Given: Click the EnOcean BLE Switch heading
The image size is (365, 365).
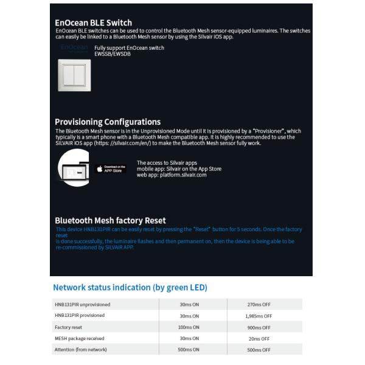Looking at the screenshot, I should pos(93,23).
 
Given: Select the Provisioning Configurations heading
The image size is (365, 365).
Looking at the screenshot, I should pos(108,122).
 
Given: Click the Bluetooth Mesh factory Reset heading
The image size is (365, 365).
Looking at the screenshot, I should pos(110,220).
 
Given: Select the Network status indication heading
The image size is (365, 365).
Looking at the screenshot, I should pos(130,287).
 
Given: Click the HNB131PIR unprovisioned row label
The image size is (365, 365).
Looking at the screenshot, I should pos(82,304).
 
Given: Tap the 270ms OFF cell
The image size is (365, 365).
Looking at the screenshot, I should pos(259,304).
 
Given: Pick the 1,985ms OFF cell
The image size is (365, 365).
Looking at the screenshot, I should pos(259,316).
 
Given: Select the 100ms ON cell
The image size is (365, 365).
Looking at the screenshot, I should pos(189,327).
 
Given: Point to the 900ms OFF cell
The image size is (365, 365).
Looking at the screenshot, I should pos(259,327).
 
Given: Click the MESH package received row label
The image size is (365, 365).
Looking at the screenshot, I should pos(79,338).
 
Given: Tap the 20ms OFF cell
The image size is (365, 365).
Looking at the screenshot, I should pos(259,338).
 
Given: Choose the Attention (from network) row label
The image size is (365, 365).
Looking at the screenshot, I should pos(80,350).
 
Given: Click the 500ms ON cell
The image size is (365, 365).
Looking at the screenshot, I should pos(189,350).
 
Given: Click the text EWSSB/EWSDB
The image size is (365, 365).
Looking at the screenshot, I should pos(112,53).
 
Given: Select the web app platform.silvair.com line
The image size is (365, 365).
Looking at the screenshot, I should pos(172,175).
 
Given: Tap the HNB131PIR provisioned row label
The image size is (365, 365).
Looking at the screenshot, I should pos(80,316).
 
